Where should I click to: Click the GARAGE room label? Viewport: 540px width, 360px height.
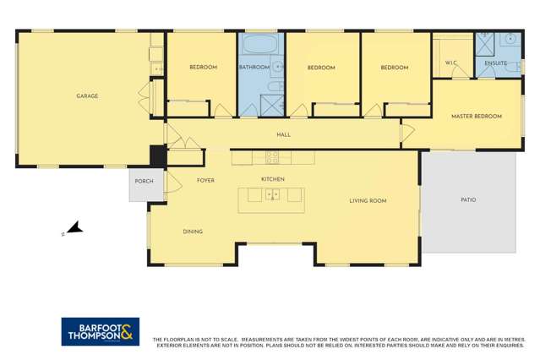(87, 96)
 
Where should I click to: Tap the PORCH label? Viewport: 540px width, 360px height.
(144, 181)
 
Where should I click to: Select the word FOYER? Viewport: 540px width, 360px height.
(205, 180)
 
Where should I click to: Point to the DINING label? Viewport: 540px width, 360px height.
(193, 232)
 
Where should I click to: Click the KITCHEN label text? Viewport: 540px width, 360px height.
(272, 179)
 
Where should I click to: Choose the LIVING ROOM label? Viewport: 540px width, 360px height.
(368, 200)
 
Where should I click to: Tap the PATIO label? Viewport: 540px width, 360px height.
(468, 200)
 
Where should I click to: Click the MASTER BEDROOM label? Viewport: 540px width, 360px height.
(476, 117)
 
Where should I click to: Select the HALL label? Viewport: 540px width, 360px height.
(283, 134)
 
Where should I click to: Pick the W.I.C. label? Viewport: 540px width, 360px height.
(450, 63)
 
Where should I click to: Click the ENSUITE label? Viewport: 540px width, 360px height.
(495, 63)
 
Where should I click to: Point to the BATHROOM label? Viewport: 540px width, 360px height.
(254, 68)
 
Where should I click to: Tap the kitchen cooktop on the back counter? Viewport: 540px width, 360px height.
(273, 156)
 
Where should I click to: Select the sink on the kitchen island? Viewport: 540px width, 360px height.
(273, 194)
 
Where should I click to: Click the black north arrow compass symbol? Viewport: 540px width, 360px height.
(74, 227)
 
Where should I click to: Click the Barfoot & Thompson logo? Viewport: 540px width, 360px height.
(100, 331)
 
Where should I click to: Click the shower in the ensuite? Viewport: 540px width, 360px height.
(485, 40)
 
